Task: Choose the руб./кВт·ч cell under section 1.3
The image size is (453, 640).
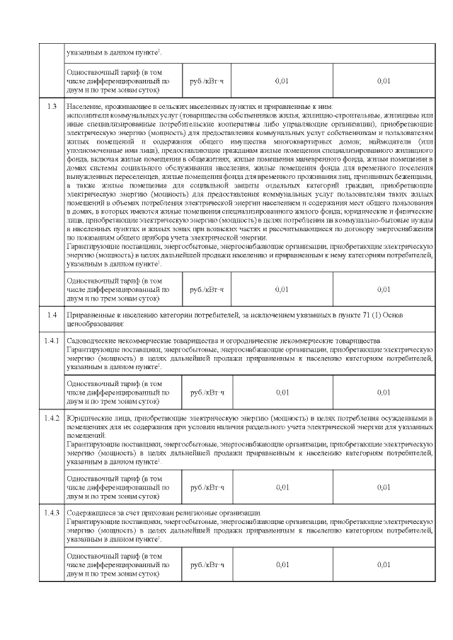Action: [207, 289]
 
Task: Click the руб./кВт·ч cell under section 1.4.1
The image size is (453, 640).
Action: [207, 392]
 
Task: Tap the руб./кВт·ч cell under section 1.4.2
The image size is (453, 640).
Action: [207, 487]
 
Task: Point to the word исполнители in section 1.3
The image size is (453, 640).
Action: [85, 115]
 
